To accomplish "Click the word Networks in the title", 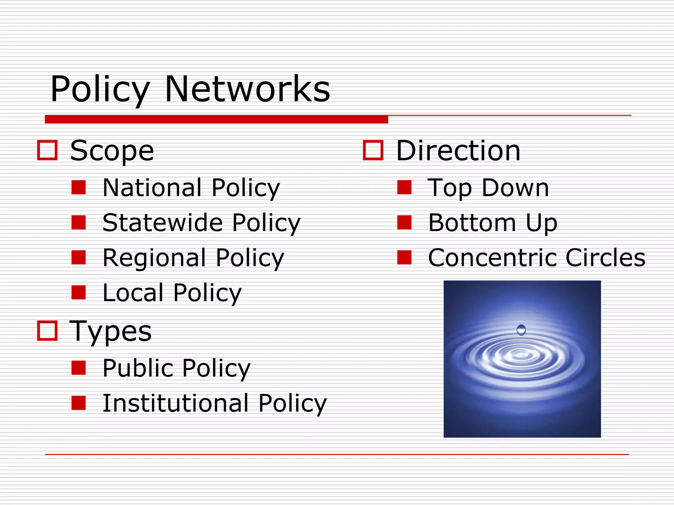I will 247,89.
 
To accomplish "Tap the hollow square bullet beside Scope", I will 47,150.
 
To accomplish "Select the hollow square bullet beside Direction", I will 373,150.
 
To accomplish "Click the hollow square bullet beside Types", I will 47,330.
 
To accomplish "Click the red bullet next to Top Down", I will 404,187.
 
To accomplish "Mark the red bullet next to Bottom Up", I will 404,222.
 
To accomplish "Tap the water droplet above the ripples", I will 521,329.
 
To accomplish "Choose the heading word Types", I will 111,331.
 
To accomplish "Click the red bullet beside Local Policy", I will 79,292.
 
